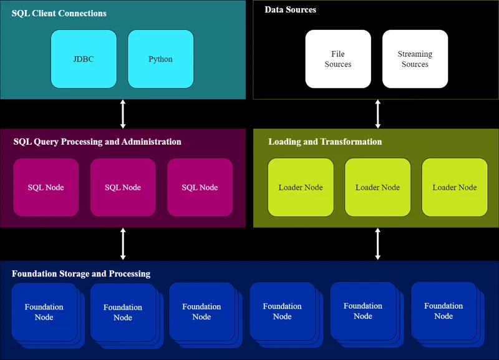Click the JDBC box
tap(84, 59)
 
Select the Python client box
tap(160, 59)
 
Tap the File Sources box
tap(338, 59)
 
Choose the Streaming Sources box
tap(415, 59)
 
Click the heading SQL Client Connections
tap(59, 13)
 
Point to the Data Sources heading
tap(290, 9)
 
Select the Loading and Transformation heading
tap(325, 142)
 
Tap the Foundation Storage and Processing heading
tap(81, 274)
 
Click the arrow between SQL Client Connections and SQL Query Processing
tap(123, 114)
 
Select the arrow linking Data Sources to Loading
tap(378, 114)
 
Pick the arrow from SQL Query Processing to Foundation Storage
tap(123, 244)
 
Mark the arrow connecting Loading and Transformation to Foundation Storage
tap(378, 244)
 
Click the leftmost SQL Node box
tap(46, 187)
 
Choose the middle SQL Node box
tap(123, 187)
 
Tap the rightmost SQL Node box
tap(200, 187)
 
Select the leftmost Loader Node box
tap(301, 187)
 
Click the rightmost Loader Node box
tap(455, 187)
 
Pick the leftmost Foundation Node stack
tap(44, 312)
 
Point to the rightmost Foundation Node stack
tap(444, 311)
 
